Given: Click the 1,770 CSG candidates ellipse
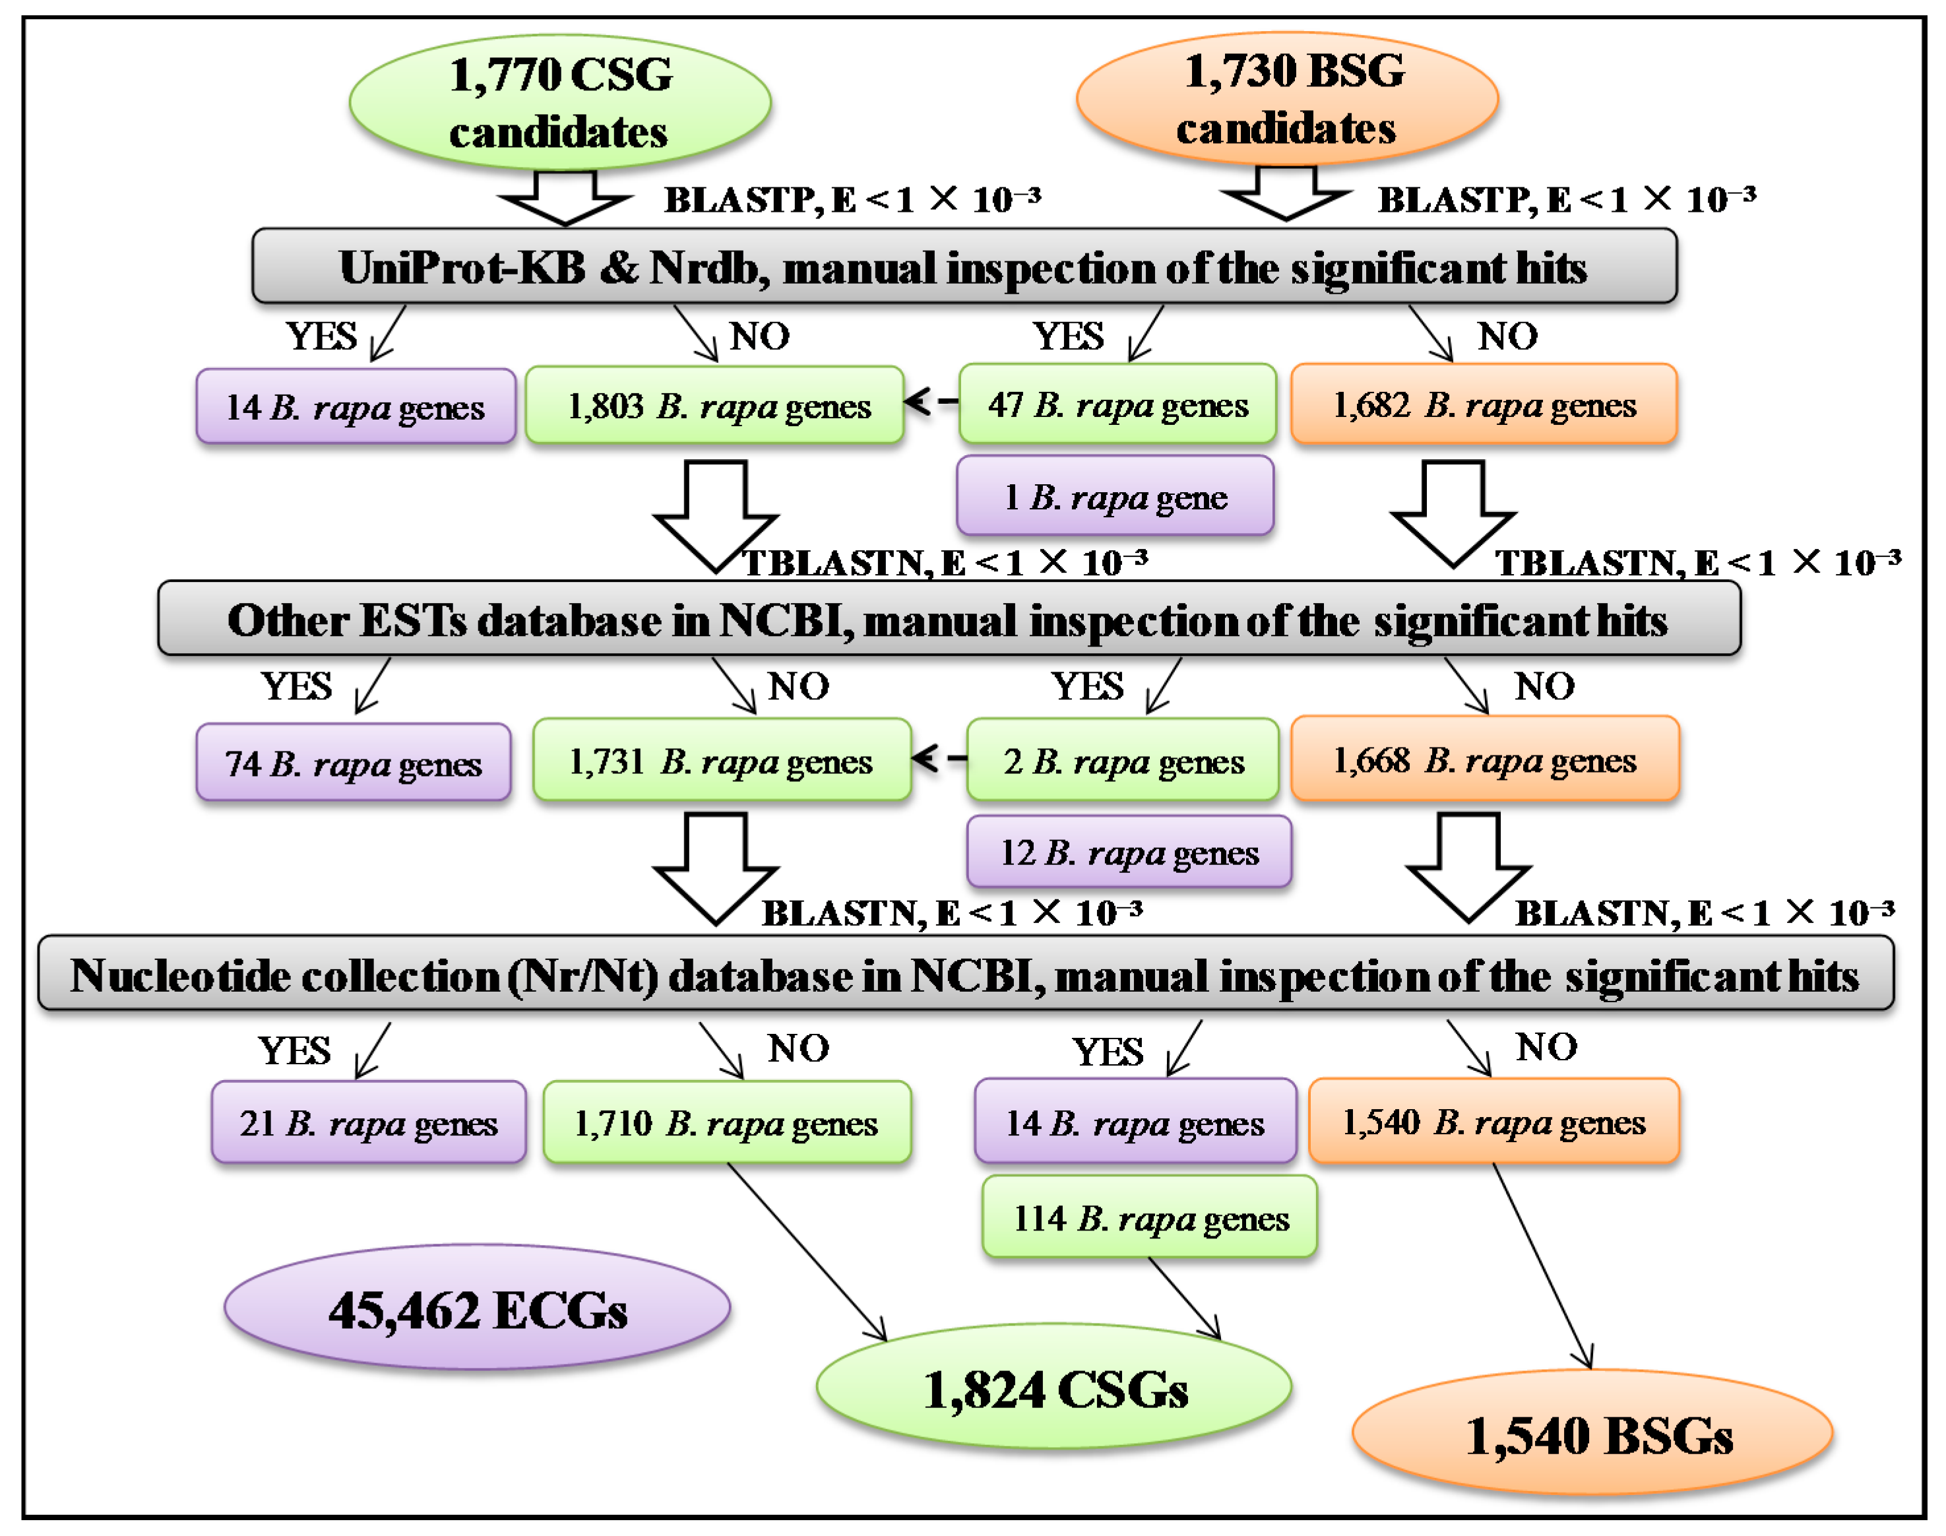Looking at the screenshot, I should [x=559, y=102].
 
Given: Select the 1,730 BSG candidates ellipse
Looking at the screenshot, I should [x=1287, y=99].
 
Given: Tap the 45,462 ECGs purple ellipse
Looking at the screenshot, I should [x=477, y=1308].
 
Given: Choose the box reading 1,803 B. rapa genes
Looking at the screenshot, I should [x=715, y=406].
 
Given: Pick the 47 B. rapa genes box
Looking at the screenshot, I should [x=1117, y=404].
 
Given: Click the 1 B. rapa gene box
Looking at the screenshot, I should [x=1115, y=496].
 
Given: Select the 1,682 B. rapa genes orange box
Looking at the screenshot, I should [x=1484, y=404].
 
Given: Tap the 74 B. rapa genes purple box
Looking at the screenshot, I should [x=354, y=763].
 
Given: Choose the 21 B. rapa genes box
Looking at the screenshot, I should [x=369, y=1122].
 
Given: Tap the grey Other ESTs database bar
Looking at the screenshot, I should [x=949, y=620].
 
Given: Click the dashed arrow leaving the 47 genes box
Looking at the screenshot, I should [x=931, y=402].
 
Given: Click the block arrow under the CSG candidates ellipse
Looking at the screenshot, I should [x=565, y=196].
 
